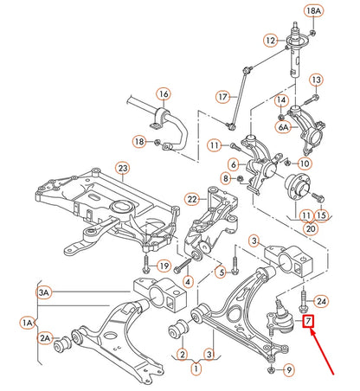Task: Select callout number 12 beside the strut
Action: coord(271,40)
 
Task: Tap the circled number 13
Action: coord(316,80)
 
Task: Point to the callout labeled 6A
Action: coord(283,126)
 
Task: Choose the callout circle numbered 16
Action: coord(162,93)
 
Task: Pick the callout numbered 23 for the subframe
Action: coord(123,167)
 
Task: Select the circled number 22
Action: coord(192,199)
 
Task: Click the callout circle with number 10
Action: coord(305,163)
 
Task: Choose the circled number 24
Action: coord(321,301)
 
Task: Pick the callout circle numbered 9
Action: coord(289,370)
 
